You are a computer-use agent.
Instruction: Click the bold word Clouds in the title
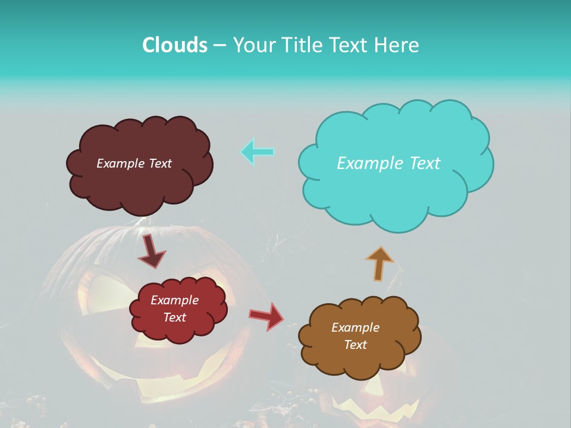point(174,45)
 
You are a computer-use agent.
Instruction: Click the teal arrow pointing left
point(257,152)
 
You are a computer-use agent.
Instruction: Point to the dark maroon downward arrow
point(151,251)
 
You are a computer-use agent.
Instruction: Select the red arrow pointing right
point(266,316)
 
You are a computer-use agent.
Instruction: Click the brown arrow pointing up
point(379,263)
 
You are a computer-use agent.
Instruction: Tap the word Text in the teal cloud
point(425,163)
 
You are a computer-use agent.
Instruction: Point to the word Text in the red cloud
point(175,317)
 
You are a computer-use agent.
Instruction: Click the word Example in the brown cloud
point(355,328)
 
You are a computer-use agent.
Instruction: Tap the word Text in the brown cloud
point(355,345)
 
